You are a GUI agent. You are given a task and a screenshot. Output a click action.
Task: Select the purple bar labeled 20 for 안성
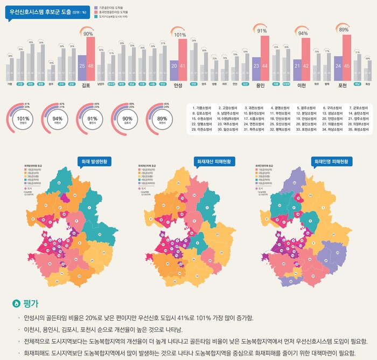pyautogui.click(x=173, y=70)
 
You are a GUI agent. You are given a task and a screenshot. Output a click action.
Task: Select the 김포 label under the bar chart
pyautogui.click(x=86, y=85)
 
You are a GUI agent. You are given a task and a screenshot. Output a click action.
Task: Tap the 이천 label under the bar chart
pyautogui.click(x=302, y=85)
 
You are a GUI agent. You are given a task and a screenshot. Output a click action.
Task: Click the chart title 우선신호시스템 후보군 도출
pyautogui.click(x=40, y=12)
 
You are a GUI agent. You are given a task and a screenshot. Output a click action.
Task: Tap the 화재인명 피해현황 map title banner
pyautogui.click(x=331, y=161)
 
